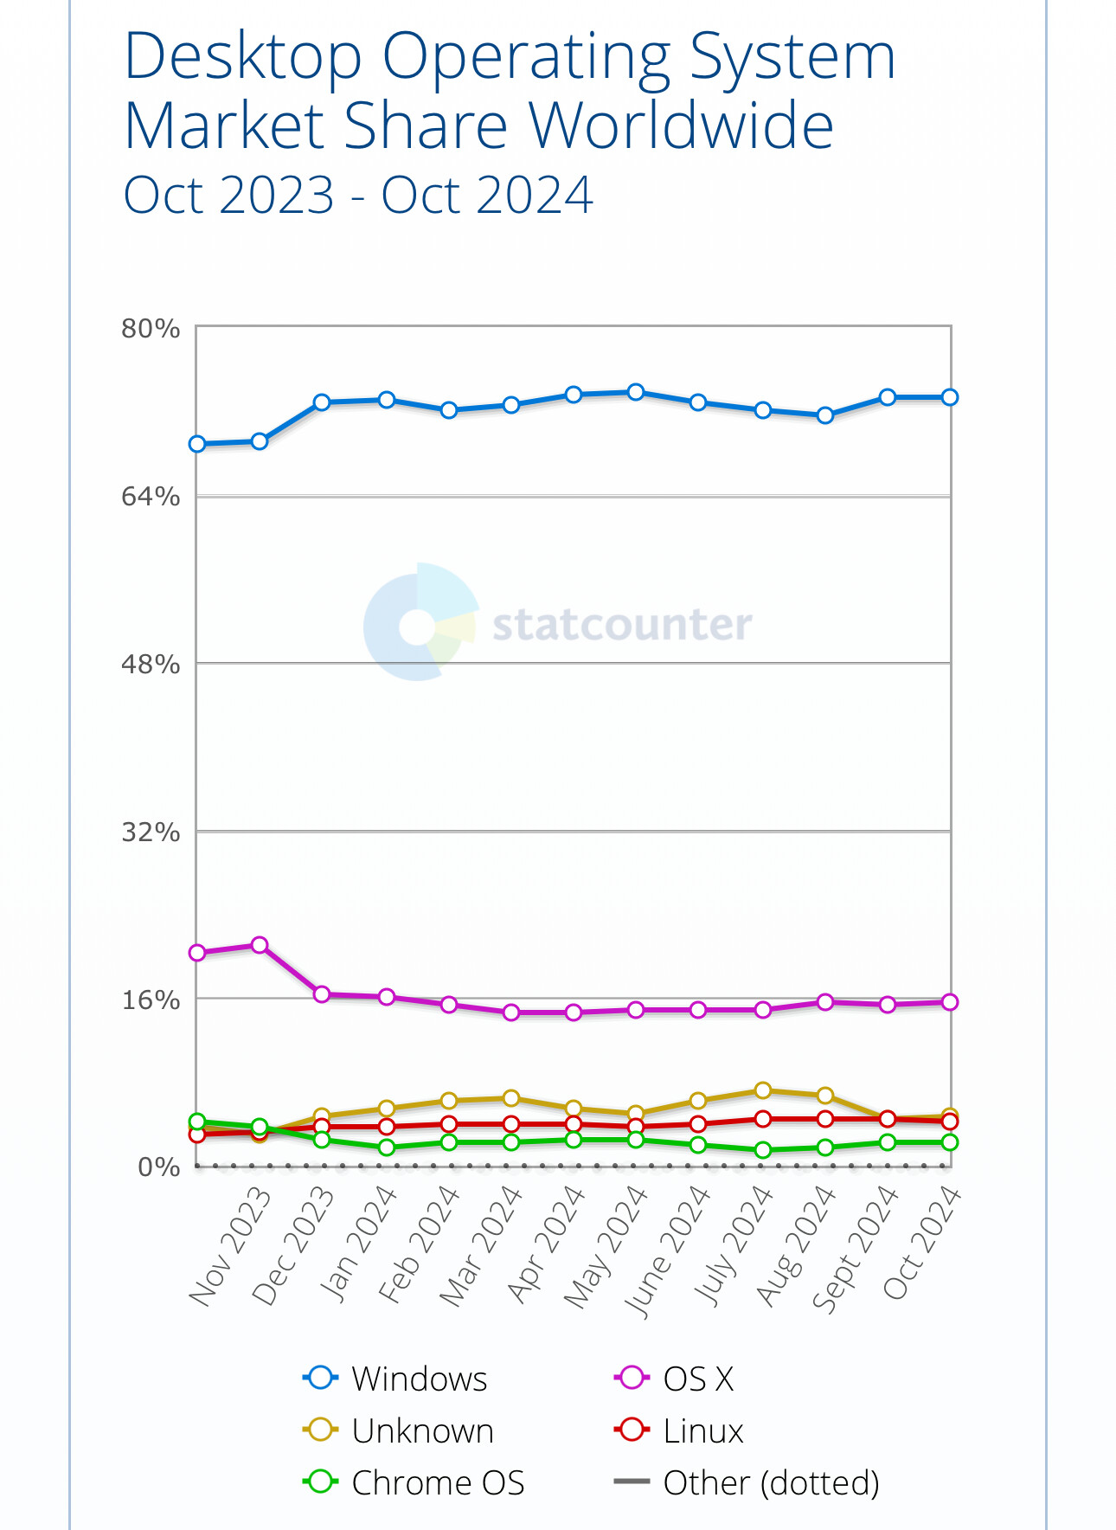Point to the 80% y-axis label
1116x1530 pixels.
(151, 329)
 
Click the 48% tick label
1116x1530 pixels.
(151, 665)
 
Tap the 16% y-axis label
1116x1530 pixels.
(151, 1000)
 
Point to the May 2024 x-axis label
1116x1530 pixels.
(606, 1246)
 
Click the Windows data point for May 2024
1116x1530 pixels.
(636, 392)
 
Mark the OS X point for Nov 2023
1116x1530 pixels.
(260, 945)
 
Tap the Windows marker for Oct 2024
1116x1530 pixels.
(949, 397)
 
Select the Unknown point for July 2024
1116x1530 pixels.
(763, 1090)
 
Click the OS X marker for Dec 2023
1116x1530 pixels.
(322, 994)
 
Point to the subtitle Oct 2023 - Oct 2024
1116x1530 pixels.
(358, 196)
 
